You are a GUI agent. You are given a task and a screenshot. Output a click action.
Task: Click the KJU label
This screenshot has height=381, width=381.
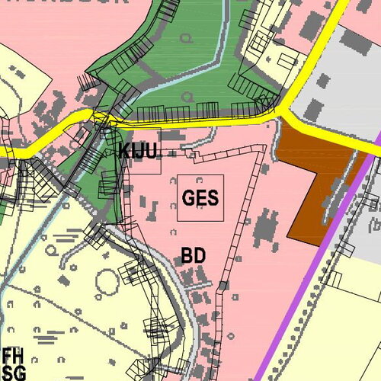138,151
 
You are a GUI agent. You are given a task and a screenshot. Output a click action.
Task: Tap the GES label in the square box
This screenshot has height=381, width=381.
200,198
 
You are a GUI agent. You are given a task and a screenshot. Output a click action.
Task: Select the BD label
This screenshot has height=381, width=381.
194,255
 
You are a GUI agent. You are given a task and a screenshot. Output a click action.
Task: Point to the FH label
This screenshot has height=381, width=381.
13,355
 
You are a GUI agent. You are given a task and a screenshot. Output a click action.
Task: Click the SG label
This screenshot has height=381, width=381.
13,372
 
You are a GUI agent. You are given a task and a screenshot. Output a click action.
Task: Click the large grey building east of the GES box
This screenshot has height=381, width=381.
267,229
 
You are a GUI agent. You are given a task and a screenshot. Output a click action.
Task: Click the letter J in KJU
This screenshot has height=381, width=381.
138,151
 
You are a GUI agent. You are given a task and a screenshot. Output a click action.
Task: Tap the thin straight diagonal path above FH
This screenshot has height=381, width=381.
46,305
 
